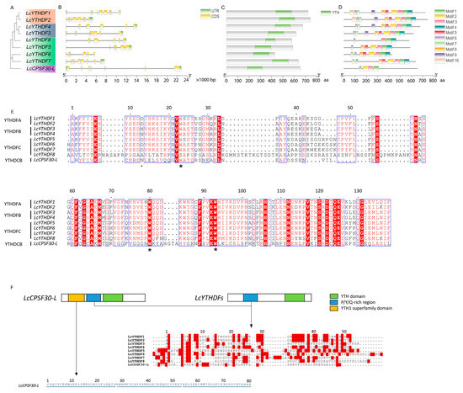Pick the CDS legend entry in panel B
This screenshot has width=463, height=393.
210,19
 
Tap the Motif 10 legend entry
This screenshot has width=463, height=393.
447,76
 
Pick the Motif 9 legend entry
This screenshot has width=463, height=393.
446,69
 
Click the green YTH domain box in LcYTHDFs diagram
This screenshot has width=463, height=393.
295,298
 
